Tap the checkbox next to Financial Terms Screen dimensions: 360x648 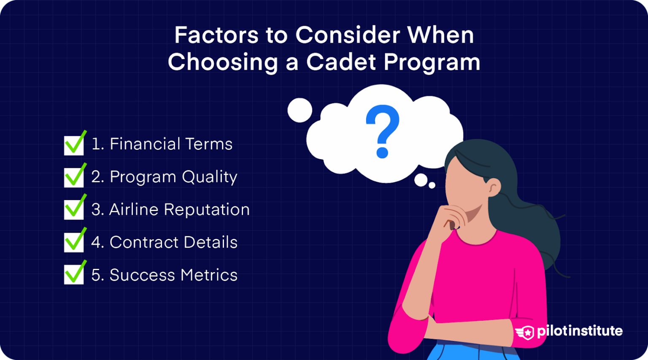click(74, 145)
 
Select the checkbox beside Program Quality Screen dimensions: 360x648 click(74, 177)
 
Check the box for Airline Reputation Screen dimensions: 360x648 click(74, 210)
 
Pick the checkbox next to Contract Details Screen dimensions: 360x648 click(74, 242)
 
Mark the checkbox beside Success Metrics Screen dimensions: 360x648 click(74, 275)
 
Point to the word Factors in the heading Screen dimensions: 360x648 click(216, 35)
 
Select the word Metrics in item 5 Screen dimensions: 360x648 click(209, 275)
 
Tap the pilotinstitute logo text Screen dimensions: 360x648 click(580, 331)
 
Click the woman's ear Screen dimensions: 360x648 click(494, 187)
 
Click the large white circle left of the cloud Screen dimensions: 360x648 click(300, 110)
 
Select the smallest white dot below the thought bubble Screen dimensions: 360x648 click(432, 185)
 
